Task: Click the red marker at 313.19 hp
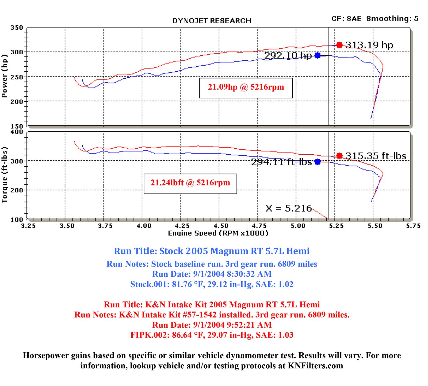pos(339,45)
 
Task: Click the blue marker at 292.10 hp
pos(318,55)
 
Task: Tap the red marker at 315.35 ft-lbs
pos(339,156)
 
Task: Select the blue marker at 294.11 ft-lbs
pos(318,162)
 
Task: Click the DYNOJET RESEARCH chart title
pos(212,21)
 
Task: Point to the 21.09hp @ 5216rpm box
pos(246,87)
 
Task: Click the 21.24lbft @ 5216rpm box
pos(190,183)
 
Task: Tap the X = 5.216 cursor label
pos(289,208)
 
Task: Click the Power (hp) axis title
pos(5,76)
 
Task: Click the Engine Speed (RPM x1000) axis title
pos(218,233)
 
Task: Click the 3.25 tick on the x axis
pos(28,226)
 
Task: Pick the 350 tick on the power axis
pos(17,28)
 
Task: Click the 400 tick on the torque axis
pos(17,132)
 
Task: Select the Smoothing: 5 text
pos(392,18)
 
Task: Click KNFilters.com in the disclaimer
pos(315,366)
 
